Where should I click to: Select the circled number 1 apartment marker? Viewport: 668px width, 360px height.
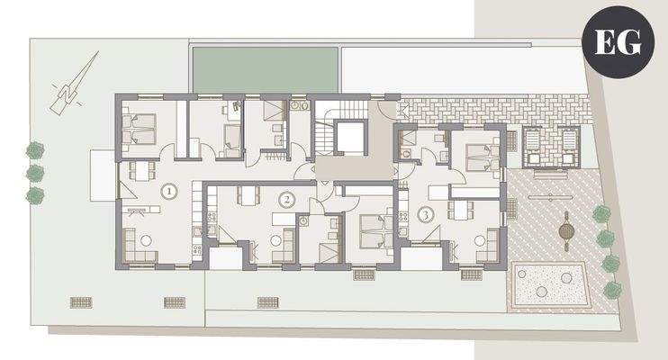(x=167, y=191)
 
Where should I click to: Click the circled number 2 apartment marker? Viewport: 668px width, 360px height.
(x=286, y=199)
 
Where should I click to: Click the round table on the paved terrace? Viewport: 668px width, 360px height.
(x=565, y=230)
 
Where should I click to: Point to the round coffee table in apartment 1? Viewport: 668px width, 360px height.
(x=144, y=239)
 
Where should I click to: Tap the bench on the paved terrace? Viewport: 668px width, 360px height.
(x=550, y=192)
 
